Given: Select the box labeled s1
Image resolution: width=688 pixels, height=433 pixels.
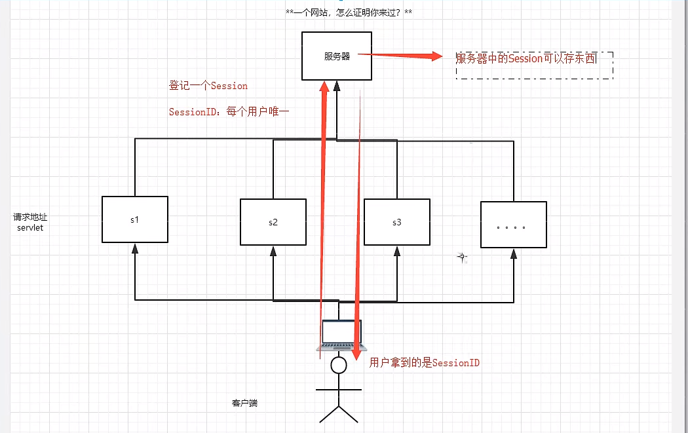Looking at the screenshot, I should (135, 219).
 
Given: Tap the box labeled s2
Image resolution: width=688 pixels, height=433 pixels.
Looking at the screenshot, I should (273, 222).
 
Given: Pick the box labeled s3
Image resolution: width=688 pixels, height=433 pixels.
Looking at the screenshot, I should (396, 222).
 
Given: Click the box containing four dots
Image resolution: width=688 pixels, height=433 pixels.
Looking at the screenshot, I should (513, 225).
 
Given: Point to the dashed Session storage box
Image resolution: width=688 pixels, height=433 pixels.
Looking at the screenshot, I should (534, 65).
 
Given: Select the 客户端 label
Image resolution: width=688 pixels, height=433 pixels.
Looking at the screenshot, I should (244, 403).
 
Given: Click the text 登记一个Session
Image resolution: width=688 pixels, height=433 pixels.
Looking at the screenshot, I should (208, 86).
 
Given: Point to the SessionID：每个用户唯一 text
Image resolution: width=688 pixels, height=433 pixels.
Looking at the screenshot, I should (229, 112).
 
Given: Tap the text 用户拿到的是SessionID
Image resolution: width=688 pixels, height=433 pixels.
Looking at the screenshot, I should (425, 362).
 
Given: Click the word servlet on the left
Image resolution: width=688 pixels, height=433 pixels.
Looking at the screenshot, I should (30, 228).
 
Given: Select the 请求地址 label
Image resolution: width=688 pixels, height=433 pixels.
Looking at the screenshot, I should (29, 217).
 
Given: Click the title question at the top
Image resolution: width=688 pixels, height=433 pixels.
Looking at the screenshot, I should (349, 12).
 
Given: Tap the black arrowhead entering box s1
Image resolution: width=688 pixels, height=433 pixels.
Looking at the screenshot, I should (135, 248).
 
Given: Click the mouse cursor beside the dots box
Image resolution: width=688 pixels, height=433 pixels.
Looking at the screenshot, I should (463, 258).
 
